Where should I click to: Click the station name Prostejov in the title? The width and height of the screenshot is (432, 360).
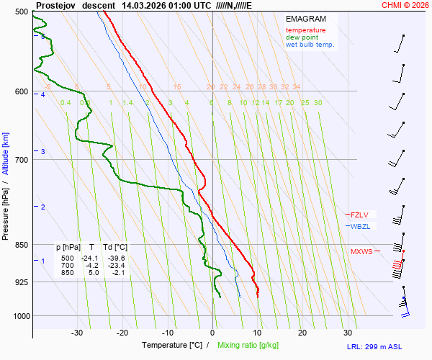(55, 5)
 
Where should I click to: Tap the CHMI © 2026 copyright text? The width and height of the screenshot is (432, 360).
(405, 5)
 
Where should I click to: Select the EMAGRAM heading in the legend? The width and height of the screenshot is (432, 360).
(306, 19)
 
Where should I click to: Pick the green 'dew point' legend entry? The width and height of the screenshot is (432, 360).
(302, 37)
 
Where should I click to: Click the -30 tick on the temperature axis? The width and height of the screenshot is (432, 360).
(78, 333)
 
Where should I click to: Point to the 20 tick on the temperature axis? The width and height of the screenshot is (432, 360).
(302, 333)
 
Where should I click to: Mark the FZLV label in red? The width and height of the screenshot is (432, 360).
(360, 215)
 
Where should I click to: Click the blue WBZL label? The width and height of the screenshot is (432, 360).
(361, 226)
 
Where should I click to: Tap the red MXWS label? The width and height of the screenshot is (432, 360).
(361, 251)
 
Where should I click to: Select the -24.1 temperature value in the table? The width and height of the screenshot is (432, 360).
(89, 258)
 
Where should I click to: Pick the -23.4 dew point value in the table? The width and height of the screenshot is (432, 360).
(116, 265)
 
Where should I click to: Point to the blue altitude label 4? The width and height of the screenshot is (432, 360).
(43, 95)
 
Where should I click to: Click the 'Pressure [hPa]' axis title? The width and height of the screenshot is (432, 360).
(6, 210)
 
